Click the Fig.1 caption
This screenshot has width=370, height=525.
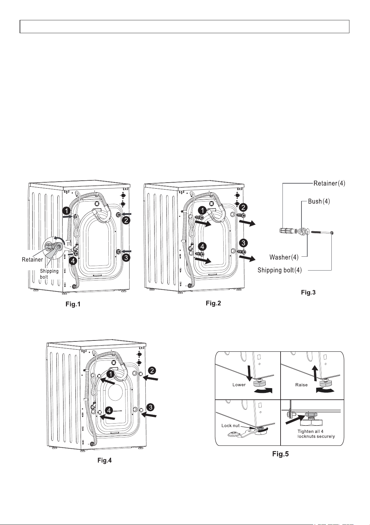[x=73, y=304]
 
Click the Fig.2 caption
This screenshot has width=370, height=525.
[x=213, y=303]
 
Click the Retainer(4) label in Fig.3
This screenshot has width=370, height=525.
[x=329, y=183]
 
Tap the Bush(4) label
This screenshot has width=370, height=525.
[x=319, y=201]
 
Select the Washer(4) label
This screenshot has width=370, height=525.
[x=284, y=257]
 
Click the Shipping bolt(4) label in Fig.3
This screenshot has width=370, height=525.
[x=280, y=270]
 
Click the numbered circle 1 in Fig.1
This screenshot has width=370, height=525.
[x=67, y=211]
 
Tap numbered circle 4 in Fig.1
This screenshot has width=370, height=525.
[x=74, y=261]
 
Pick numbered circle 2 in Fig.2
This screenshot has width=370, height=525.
[x=244, y=207]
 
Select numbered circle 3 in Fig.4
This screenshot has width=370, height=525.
[x=151, y=407]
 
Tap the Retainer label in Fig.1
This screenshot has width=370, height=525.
[x=32, y=260]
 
